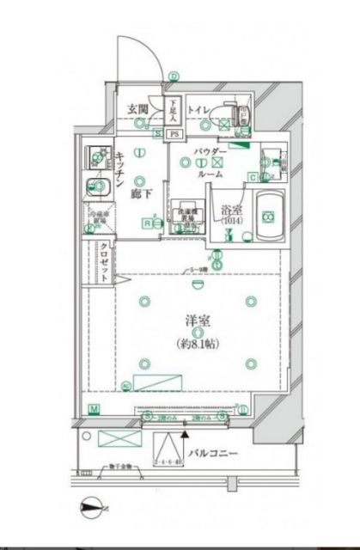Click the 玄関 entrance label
(x=138, y=109)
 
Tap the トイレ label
(x=198, y=109)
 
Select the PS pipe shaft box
(x=174, y=134)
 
